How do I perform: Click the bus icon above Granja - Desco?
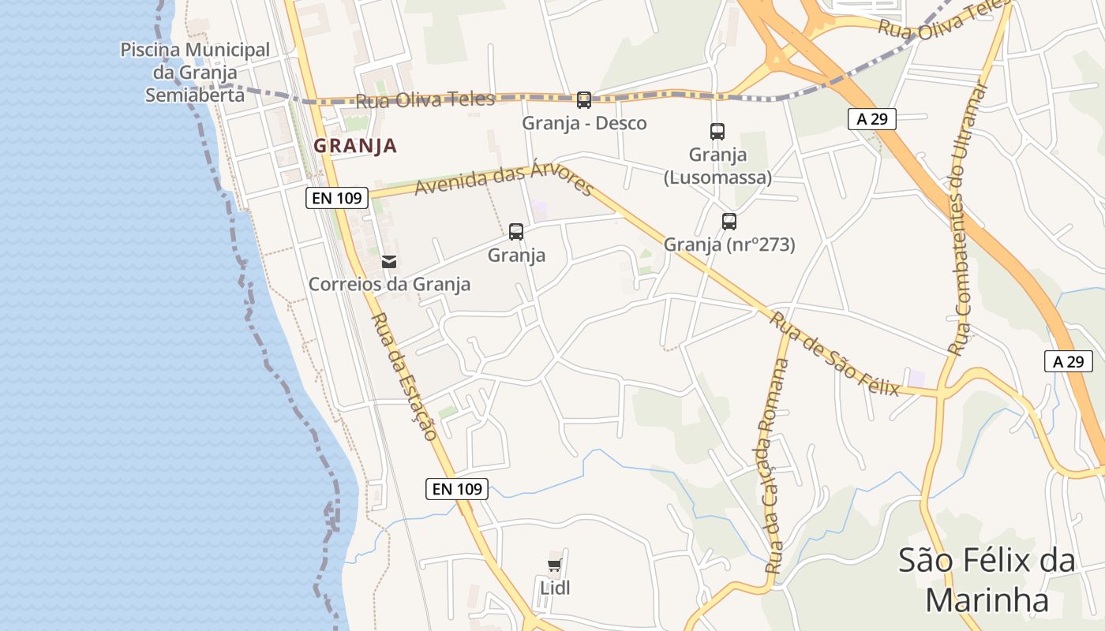click(x=584, y=100)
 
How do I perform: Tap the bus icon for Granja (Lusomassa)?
click(x=717, y=132)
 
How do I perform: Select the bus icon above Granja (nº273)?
click(x=729, y=222)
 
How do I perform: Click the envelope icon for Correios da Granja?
click(x=389, y=262)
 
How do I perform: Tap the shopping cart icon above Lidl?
click(x=554, y=565)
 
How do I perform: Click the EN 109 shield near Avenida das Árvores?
click(x=338, y=198)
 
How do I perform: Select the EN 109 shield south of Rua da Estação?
click(x=457, y=489)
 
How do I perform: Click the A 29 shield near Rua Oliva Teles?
click(x=872, y=119)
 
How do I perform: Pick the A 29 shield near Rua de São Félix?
click(x=1069, y=361)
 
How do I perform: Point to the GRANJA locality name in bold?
click(x=355, y=146)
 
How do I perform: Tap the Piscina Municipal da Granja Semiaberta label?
click(x=195, y=73)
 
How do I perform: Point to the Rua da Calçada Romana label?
click(x=777, y=465)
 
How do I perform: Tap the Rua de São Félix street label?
click(x=835, y=354)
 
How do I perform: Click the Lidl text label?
click(x=555, y=588)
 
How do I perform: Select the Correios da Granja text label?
click(x=389, y=285)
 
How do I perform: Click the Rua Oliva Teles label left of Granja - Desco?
click(x=425, y=100)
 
